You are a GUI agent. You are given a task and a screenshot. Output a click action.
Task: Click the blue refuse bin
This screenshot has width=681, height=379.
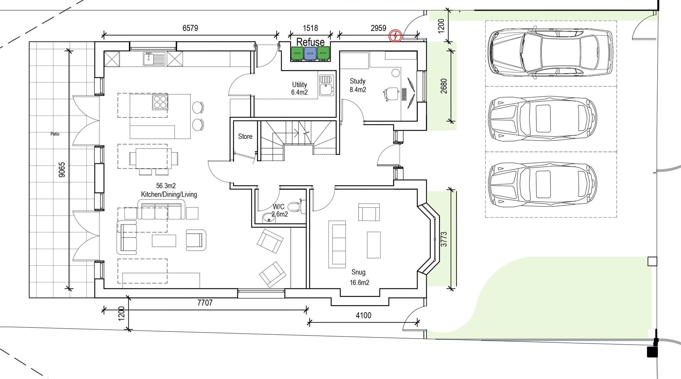[x=310, y=53]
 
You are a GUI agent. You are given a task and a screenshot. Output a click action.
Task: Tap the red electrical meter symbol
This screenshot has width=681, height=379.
[x=395, y=36]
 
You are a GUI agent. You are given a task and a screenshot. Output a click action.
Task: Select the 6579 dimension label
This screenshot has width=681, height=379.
[x=190, y=28]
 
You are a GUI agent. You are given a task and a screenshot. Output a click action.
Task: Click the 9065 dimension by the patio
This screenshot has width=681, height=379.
[x=62, y=169]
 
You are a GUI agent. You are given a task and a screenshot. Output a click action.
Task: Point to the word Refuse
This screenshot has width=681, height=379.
[x=310, y=42]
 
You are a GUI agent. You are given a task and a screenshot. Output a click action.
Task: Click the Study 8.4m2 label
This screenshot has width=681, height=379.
[x=358, y=85]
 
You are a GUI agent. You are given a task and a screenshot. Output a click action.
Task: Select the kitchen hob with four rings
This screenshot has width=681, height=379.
[x=160, y=102]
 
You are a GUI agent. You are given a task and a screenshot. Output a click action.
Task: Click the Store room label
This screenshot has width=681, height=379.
[x=245, y=136]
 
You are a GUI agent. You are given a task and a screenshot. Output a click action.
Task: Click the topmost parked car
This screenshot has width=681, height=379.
[x=550, y=53]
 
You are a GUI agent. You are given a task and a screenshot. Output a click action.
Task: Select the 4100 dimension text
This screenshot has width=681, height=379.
[x=363, y=315]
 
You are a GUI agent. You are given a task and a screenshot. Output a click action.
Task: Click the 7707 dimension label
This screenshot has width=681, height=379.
[x=205, y=302]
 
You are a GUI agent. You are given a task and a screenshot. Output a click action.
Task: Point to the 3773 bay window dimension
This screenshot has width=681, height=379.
[x=444, y=239]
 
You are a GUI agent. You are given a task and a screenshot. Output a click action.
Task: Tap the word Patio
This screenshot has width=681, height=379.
[x=55, y=134]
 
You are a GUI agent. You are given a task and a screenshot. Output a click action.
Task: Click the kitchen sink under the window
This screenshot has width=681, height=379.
[x=154, y=59]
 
